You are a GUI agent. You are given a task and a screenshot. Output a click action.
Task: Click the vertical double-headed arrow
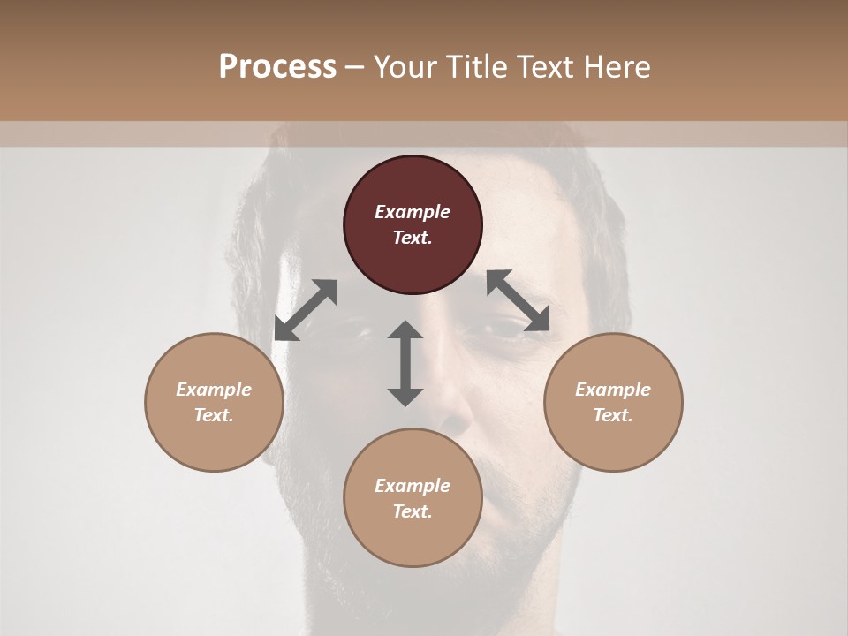pos(405,363)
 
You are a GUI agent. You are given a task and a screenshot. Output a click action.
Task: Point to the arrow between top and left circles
pos(306,310)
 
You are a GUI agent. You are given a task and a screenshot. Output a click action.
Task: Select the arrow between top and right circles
pos(519,300)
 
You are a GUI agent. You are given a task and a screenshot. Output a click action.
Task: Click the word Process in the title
pos(277,67)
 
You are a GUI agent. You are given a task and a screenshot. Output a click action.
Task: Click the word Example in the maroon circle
pos(413,212)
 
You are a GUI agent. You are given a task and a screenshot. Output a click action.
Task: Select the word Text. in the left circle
pos(214,415)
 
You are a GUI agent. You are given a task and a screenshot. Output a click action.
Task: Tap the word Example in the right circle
pos(613,390)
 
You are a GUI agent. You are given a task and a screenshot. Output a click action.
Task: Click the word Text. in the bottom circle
pos(413,511)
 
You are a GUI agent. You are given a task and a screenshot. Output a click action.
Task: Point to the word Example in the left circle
pos(214,390)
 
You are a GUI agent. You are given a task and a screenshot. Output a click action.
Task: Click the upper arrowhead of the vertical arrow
pos(405,329)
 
